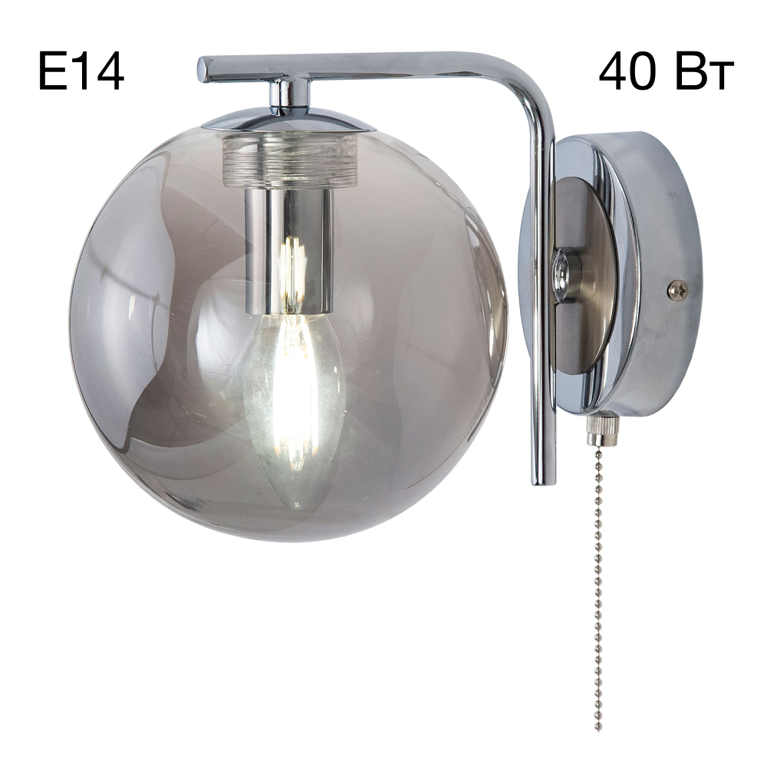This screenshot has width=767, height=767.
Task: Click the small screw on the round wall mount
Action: click(677, 289)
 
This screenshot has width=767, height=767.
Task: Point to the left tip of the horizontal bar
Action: click(203, 69)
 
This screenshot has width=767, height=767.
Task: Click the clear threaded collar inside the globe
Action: click(290, 161)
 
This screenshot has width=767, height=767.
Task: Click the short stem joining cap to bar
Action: click(284, 92)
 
